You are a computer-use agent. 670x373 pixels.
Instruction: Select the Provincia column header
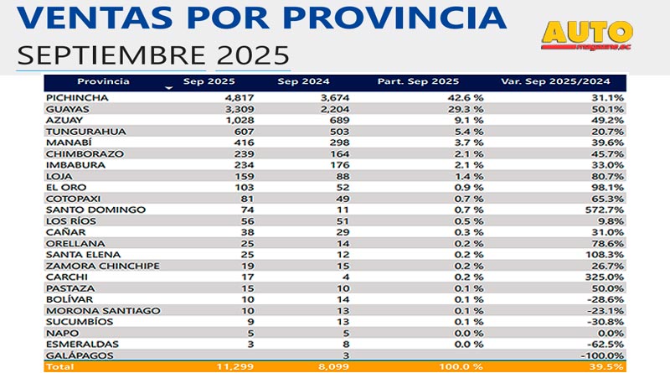(103, 81)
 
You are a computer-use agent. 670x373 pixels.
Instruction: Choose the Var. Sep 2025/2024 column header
(555, 81)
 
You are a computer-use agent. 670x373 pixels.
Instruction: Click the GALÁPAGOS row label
(76, 355)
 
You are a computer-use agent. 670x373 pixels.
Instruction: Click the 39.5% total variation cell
(608, 366)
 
